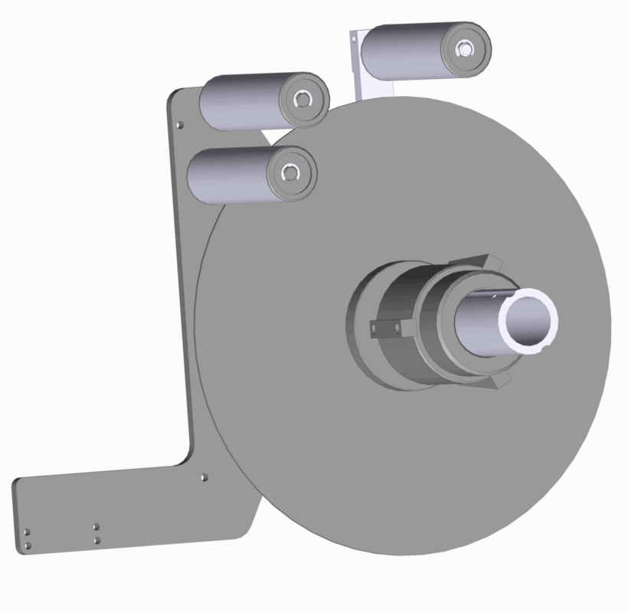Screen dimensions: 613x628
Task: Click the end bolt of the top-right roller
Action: [x=463, y=49]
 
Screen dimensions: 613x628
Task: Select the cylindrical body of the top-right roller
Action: [x=406, y=51]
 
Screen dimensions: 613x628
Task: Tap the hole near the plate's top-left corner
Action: [x=180, y=124]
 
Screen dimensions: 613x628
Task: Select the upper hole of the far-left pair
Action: [x=27, y=531]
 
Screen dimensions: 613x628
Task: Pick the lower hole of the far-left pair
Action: [x=28, y=545]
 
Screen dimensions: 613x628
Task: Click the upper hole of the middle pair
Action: [x=96, y=527]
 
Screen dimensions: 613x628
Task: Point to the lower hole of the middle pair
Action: [x=96, y=540]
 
